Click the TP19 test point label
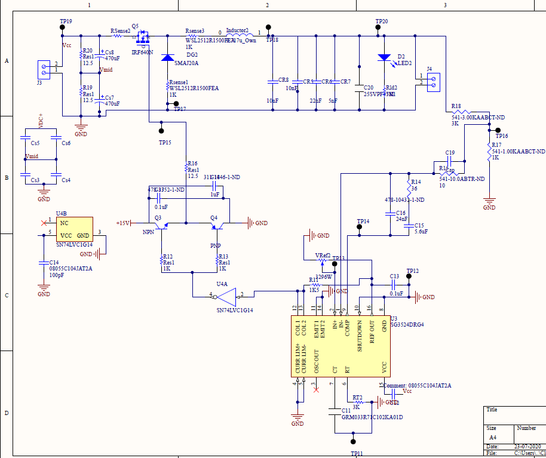66,21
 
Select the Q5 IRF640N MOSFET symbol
143,39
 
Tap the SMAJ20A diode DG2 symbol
167,58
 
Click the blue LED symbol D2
384,58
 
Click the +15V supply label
123,223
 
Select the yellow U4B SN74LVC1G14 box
75,230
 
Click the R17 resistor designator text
496,145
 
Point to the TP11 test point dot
353,442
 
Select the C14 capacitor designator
54,263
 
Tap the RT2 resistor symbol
357,402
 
